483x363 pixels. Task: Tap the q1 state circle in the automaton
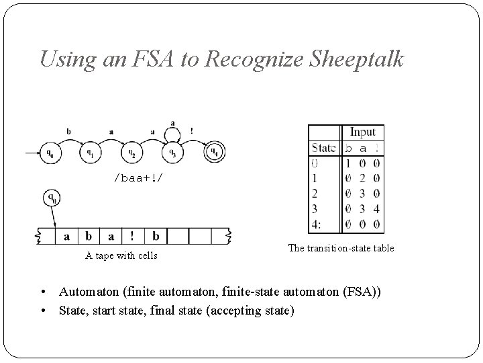tap(91, 153)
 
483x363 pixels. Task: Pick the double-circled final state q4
tap(215, 153)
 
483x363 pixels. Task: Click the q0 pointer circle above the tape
tap(51, 199)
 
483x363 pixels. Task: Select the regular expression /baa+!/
tap(137, 178)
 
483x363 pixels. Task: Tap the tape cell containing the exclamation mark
tap(132, 237)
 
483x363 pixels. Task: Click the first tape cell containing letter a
tap(67, 237)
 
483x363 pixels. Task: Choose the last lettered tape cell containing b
tap(155, 237)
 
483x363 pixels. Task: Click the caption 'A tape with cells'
tap(121, 255)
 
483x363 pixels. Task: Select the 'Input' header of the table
tap(362, 132)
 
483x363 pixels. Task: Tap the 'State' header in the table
tap(324, 148)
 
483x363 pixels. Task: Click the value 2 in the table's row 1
tap(363, 178)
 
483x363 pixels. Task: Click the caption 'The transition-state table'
tap(341, 249)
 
